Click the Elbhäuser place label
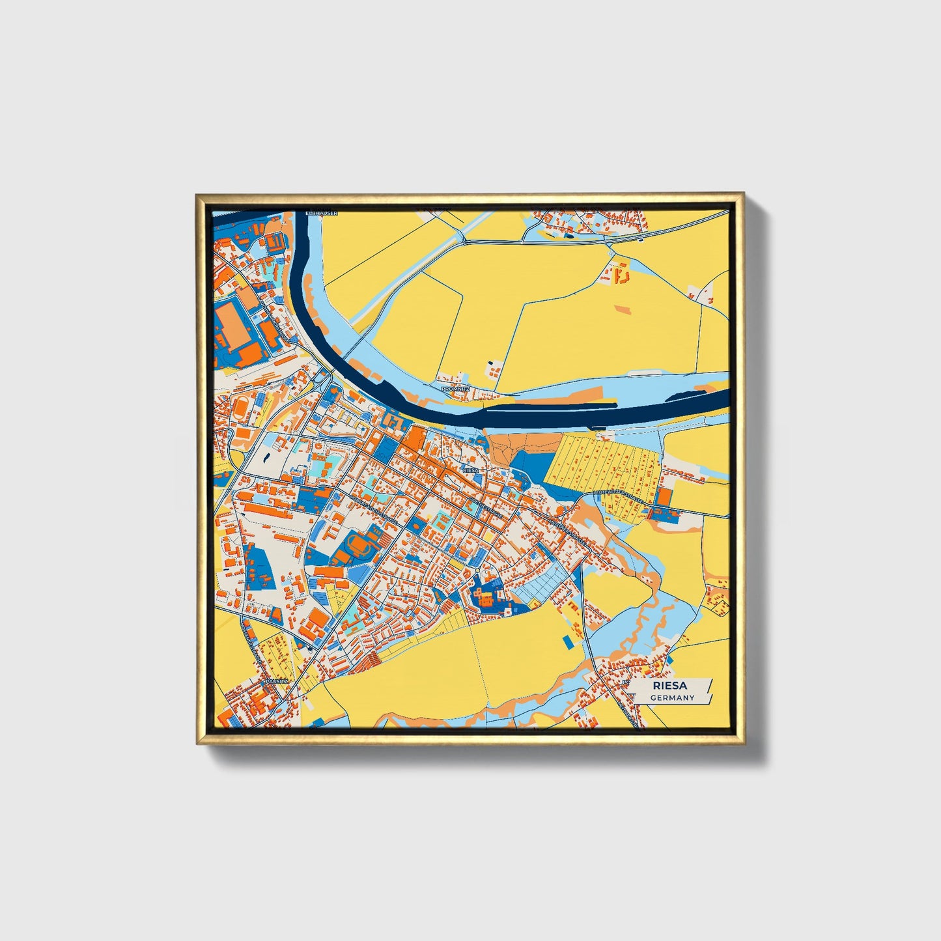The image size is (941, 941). point(322,213)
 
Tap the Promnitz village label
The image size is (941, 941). point(455,388)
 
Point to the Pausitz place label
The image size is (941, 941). point(273,681)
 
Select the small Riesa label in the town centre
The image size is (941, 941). point(470,470)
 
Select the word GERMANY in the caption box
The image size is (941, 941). point(672,698)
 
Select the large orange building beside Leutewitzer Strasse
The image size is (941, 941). point(664,497)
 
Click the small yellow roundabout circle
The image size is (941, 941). point(478,571)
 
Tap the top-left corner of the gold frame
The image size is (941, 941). point(198,195)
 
